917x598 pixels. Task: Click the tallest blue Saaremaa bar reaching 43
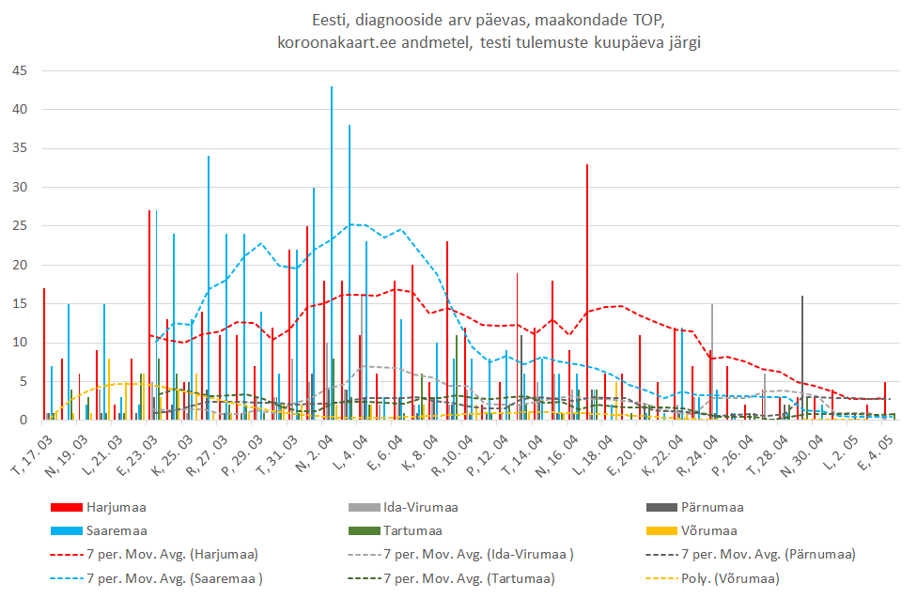pos(332,253)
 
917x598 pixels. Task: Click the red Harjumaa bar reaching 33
pos(587,291)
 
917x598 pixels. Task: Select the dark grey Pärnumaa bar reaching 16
pos(802,357)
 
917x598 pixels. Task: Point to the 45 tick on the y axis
pos(20,71)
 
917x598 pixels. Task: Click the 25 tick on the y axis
pos(20,226)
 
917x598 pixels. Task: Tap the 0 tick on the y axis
pos(23,421)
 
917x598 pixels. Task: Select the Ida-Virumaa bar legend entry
pos(420,508)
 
